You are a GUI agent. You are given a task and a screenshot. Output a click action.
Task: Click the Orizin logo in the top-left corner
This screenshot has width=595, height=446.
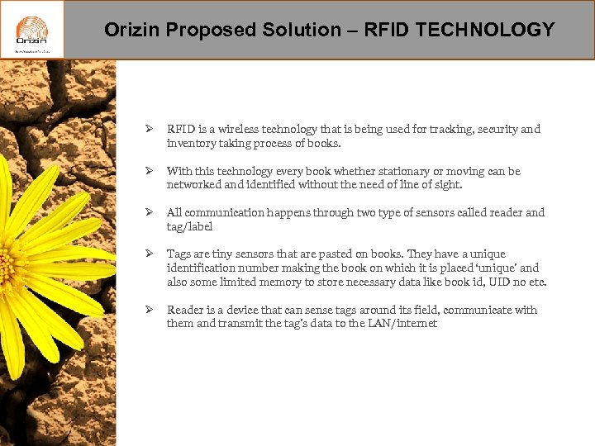coord(31,30)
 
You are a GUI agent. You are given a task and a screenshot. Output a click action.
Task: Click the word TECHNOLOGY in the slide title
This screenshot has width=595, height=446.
coord(485,31)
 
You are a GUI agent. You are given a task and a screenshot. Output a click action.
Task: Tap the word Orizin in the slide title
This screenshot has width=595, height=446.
coord(133,31)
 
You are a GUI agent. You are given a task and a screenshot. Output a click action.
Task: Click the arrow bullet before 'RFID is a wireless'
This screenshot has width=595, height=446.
coord(149,130)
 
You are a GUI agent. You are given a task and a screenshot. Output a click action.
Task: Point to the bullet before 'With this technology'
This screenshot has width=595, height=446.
coord(149,172)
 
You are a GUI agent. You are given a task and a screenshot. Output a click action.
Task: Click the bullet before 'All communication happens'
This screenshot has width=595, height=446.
coord(149,213)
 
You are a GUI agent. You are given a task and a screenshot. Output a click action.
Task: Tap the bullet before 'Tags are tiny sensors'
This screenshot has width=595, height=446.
coord(149,254)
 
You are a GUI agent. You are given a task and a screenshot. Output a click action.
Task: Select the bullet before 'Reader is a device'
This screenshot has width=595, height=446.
coord(149,311)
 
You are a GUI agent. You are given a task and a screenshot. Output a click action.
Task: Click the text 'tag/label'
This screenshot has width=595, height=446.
coord(189,227)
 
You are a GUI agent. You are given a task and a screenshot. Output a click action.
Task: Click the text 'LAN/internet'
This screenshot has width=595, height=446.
coord(404,324)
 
